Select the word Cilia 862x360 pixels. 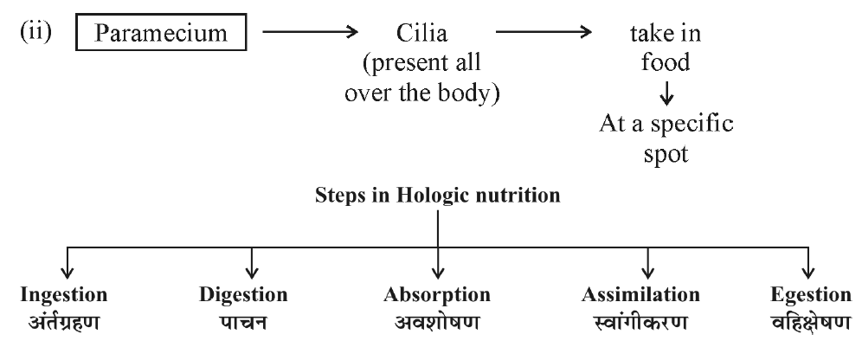tap(425, 35)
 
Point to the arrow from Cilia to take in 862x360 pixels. tap(544, 35)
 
